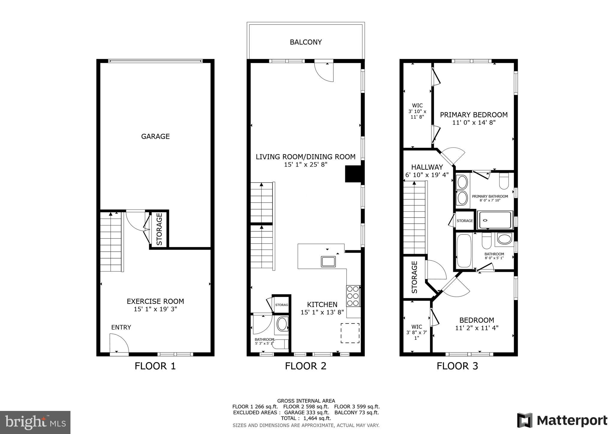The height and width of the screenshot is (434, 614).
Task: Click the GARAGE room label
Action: tap(155, 136)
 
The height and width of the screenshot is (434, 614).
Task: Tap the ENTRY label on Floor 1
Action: tap(121, 327)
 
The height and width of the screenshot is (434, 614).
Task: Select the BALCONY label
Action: tap(306, 42)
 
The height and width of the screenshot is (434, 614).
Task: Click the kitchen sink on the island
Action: tap(328, 262)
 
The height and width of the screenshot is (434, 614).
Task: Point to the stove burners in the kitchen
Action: tap(353, 296)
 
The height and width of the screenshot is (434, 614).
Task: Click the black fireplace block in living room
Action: tap(354, 174)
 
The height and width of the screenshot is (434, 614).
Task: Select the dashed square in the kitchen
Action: tap(350, 333)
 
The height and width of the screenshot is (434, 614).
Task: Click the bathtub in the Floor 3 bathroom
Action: tap(464, 251)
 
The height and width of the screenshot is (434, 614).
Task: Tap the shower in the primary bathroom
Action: tap(495, 220)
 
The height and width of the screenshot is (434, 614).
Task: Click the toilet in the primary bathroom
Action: tap(504, 181)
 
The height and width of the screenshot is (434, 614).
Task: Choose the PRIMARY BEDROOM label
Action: tap(474, 115)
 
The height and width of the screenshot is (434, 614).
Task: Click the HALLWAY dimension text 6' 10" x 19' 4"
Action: tap(427, 175)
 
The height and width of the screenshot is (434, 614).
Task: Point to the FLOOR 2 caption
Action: tap(305, 366)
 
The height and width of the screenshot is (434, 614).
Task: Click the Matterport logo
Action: tap(562, 421)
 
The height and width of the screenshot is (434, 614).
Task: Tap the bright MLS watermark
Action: tap(35, 423)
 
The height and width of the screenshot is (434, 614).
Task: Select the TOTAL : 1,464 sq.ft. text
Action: tap(306, 418)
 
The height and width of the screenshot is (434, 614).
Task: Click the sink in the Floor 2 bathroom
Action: tap(282, 324)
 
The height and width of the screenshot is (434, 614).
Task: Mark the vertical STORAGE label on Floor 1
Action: tap(159, 229)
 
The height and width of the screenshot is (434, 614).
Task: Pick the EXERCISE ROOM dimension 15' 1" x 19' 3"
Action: tap(155, 309)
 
